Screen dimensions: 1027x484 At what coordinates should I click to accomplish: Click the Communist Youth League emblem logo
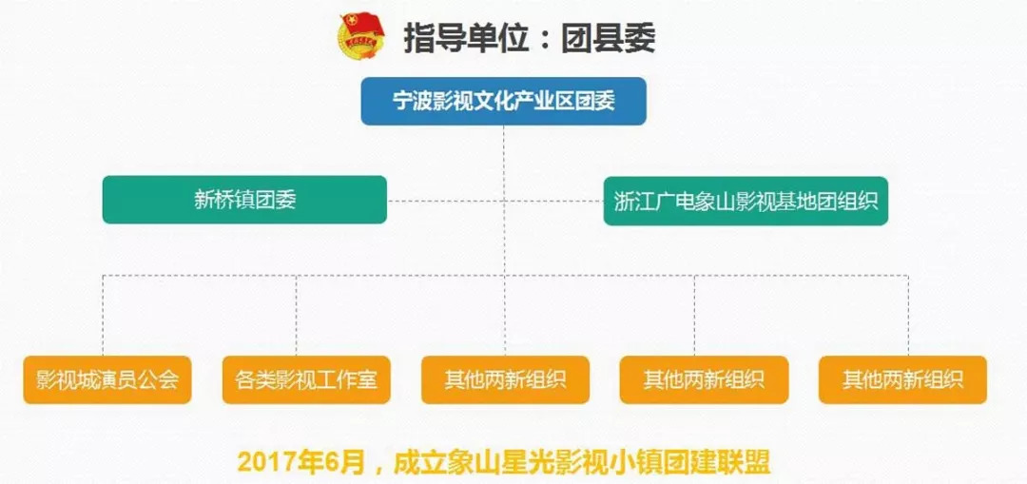(x=361, y=37)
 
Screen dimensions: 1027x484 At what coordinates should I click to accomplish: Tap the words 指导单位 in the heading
(x=466, y=39)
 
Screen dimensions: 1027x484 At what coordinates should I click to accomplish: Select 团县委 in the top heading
(x=608, y=39)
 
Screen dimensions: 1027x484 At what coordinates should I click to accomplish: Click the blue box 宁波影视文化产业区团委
(x=504, y=102)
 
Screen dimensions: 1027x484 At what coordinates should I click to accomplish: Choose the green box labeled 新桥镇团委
(x=244, y=200)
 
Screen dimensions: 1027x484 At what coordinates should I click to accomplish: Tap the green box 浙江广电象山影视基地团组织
(x=746, y=201)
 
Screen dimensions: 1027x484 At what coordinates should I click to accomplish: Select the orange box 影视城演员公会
(x=107, y=379)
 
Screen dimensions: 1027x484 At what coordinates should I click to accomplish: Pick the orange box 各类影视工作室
(x=306, y=379)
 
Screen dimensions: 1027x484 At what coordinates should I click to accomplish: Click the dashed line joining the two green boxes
(x=495, y=201)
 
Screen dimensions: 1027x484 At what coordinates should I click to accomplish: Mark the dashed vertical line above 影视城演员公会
(x=103, y=315)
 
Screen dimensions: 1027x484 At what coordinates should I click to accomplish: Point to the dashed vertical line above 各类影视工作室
(x=296, y=315)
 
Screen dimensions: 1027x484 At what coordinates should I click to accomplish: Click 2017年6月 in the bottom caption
(x=300, y=462)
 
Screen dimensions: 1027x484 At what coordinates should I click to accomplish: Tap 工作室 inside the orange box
(x=356, y=380)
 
